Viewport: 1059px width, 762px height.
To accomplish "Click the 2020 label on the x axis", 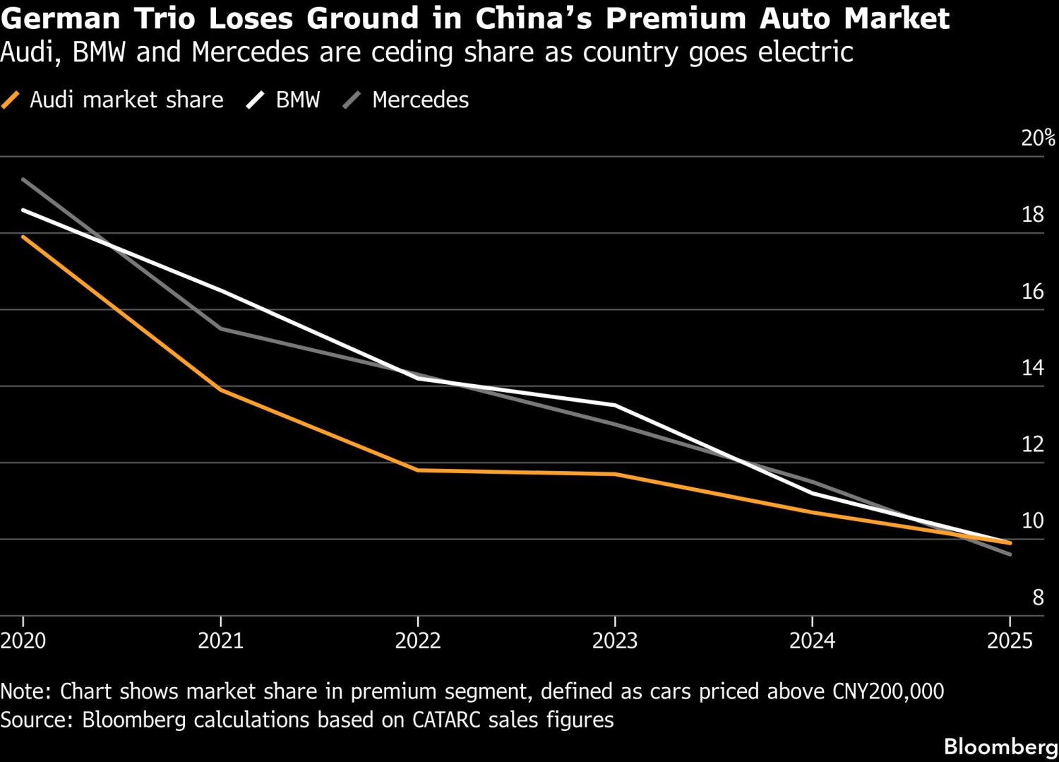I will click(x=23, y=641).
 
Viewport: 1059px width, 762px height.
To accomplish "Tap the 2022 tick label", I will click(x=417, y=641).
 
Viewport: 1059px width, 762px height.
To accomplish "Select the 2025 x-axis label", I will click(x=1010, y=641).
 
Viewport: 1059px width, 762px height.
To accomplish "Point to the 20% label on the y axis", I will click(x=1038, y=138).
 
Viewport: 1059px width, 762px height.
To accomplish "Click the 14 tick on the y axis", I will click(x=1033, y=367).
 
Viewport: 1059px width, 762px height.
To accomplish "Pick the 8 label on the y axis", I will click(x=1038, y=597).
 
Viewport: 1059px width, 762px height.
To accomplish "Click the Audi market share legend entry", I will click(x=113, y=100).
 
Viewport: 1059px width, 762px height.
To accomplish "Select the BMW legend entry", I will click(x=284, y=100).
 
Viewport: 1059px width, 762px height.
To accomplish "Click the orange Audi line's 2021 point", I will click(x=221, y=390).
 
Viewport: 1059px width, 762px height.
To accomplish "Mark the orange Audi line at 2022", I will click(x=417, y=470).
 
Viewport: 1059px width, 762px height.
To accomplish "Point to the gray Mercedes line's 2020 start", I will click(x=23, y=179).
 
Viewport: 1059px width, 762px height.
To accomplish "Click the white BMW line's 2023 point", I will click(x=615, y=405).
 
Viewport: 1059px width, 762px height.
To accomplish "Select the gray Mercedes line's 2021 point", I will click(x=221, y=329).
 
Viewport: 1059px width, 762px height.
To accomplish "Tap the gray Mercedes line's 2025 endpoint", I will click(x=1010, y=554).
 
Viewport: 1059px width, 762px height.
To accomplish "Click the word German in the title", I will click(x=62, y=19).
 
